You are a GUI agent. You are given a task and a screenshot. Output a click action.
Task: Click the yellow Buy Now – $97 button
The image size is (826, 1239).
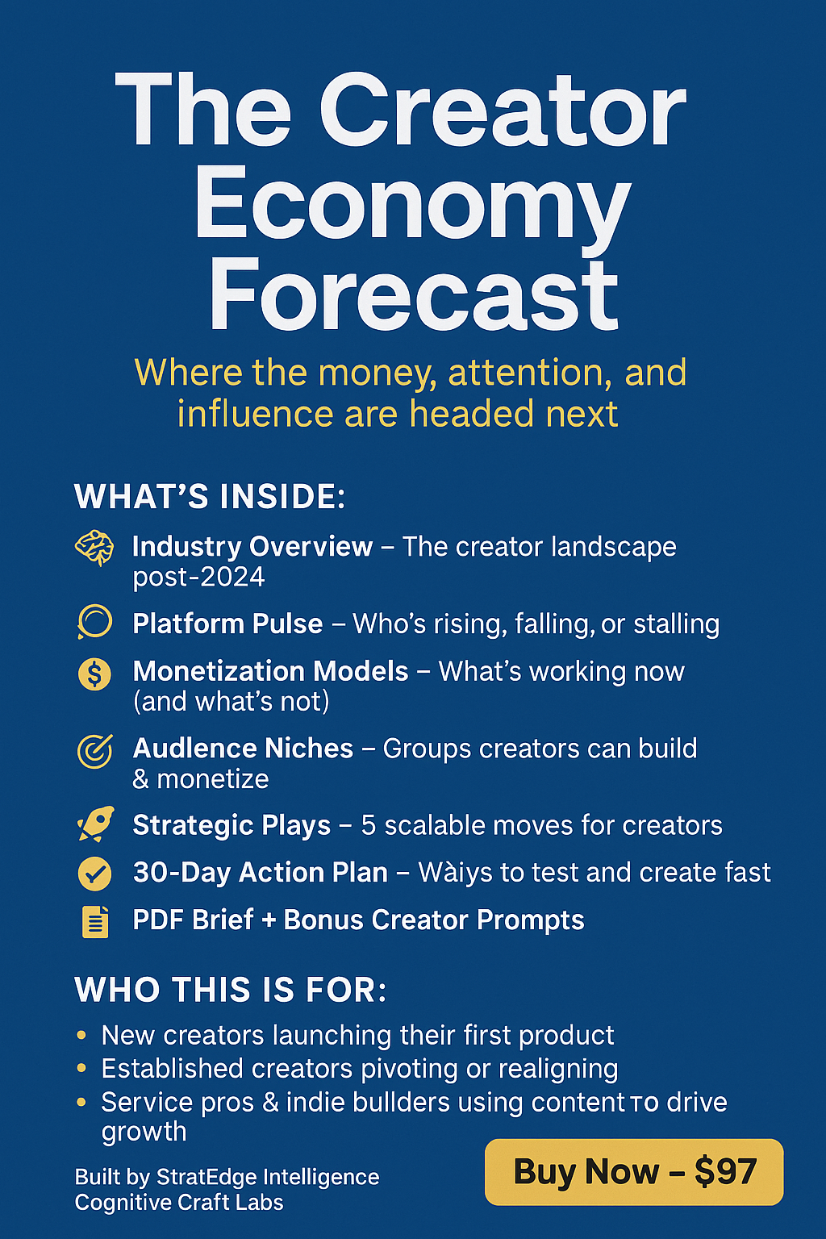(x=634, y=1171)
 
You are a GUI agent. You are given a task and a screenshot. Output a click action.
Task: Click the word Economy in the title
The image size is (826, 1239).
(x=411, y=206)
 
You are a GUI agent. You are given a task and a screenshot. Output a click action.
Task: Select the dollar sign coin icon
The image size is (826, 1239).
(x=94, y=674)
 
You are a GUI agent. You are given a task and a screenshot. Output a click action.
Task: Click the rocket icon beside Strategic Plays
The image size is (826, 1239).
(x=96, y=824)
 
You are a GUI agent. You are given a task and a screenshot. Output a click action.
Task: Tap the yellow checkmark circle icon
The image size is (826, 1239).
(x=94, y=874)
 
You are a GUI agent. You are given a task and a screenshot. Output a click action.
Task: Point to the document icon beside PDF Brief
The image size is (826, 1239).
(x=95, y=921)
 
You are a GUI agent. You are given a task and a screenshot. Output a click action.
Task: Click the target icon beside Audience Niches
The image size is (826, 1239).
(x=95, y=751)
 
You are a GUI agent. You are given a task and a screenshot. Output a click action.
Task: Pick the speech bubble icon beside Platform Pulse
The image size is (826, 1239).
(x=94, y=622)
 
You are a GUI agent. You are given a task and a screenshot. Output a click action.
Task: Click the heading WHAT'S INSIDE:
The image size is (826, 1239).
(x=210, y=496)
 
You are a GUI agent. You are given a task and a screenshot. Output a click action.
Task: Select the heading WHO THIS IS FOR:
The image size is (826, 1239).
(x=230, y=989)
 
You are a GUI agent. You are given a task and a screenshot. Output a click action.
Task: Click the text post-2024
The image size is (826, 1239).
(x=198, y=577)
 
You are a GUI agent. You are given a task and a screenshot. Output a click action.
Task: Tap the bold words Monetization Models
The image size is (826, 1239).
(x=270, y=671)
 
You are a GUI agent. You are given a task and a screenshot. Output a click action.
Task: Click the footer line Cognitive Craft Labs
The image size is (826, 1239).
(x=179, y=1203)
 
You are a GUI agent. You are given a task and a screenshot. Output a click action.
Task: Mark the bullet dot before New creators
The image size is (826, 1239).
(x=81, y=1034)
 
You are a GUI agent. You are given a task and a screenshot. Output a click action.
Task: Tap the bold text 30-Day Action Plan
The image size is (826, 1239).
(x=261, y=872)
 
